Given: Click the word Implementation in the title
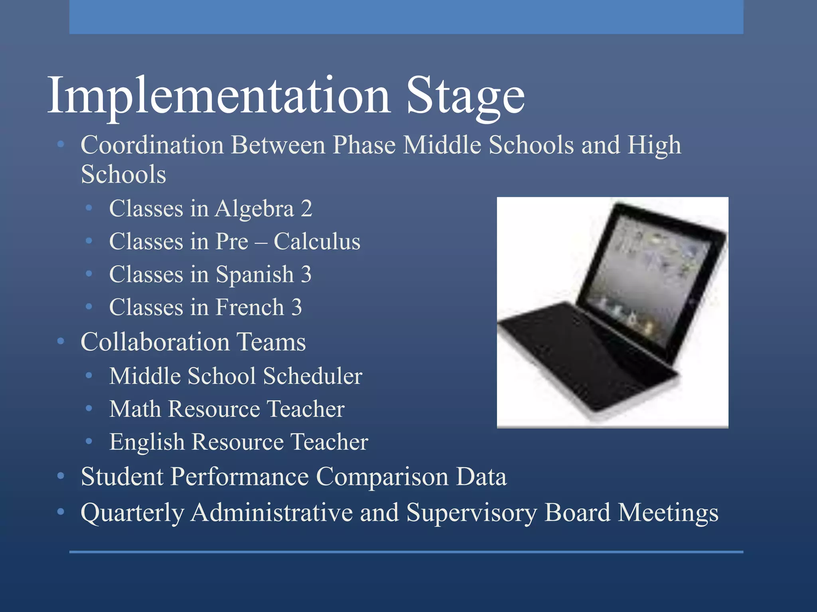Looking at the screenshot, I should pos(219,96).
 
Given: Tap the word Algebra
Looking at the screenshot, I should pos(255,209).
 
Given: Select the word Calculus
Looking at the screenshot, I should pos(317,242).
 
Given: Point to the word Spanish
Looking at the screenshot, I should pos(255,275).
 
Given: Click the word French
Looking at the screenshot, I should pos(250,308).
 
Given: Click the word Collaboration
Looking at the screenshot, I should pos(155,342).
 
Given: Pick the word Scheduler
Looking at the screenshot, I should pos(312,376).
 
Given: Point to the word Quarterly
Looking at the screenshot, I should pos(132,513).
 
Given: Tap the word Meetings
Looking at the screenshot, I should pos(668,513).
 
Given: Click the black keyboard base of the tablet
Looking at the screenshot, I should pos(578,355).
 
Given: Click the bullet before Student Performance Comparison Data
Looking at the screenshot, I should pos(61,476).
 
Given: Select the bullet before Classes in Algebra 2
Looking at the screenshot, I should pos(89,208).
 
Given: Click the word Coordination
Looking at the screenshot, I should pos(152,145).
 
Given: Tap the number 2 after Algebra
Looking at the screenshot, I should pos(306,209).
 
